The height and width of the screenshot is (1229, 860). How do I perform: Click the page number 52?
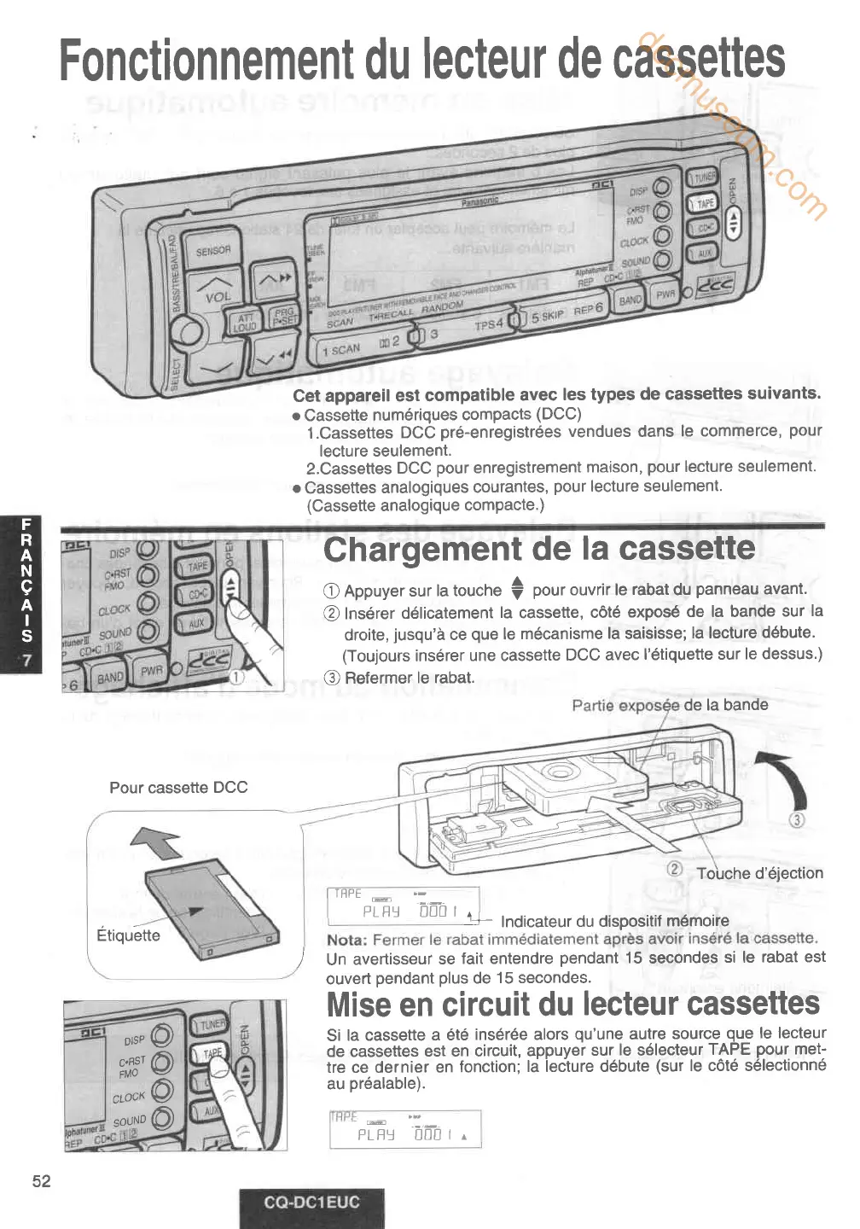point(41,1181)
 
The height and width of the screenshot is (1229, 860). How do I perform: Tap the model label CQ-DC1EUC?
point(311,1203)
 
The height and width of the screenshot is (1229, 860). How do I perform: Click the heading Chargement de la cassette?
point(539,549)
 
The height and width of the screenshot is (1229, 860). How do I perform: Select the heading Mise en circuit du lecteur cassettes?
point(572,1004)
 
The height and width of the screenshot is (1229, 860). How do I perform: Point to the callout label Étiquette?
point(128,935)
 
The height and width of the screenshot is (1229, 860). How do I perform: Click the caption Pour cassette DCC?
point(178,788)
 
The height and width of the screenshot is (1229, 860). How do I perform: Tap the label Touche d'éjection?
point(759,873)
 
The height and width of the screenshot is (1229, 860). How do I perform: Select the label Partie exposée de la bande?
point(670,705)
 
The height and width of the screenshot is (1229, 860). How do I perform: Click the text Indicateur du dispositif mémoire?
point(614,921)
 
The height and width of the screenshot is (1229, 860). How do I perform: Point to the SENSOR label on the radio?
point(213,251)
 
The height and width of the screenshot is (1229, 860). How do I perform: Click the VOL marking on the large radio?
point(218,298)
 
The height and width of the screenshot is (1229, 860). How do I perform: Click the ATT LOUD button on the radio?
point(245,323)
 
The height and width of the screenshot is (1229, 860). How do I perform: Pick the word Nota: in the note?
point(347,940)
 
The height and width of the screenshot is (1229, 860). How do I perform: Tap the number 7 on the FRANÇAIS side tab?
point(26,660)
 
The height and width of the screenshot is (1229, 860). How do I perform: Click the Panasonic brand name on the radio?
point(479,201)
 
